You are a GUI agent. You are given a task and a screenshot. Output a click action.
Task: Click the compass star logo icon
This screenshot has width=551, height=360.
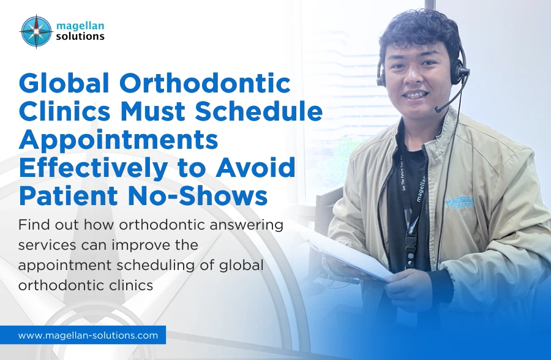36,31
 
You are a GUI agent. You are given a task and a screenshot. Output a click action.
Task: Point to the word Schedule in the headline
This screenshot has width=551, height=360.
266,113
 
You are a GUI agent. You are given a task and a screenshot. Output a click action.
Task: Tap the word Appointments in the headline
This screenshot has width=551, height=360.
118,140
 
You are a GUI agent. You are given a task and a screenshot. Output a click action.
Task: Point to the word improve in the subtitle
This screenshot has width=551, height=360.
152,245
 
